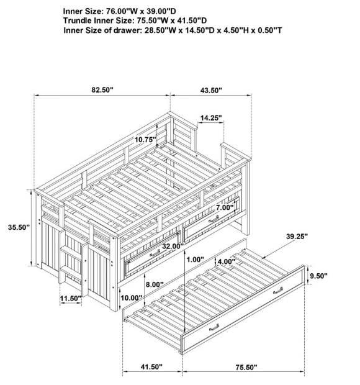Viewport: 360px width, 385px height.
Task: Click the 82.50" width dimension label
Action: click(x=102, y=90)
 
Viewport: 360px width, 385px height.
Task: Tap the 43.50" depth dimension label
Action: click(x=211, y=91)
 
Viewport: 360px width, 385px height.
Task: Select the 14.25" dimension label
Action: click(x=211, y=118)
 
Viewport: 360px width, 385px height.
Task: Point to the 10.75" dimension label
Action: click(x=145, y=140)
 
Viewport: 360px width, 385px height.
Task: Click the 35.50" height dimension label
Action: click(x=19, y=227)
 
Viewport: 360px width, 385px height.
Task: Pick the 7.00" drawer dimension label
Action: click(x=225, y=207)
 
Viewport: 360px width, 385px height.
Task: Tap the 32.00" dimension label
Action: click(x=173, y=246)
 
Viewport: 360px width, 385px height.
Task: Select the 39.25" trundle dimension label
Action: click(x=297, y=237)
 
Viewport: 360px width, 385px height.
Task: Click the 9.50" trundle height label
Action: click(x=318, y=276)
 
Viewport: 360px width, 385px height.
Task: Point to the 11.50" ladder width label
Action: click(x=71, y=299)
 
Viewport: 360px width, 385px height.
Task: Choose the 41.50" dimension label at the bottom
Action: click(x=151, y=367)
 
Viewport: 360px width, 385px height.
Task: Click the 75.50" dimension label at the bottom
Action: click(x=246, y=368)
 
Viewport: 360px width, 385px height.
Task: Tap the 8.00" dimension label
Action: click(x=155, y=284)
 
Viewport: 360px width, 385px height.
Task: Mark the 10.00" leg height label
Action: click(x=132, y=298)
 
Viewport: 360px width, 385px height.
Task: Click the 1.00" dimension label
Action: click(x=195, y=260)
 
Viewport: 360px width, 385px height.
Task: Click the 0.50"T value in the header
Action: click(x=270, y=30)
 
